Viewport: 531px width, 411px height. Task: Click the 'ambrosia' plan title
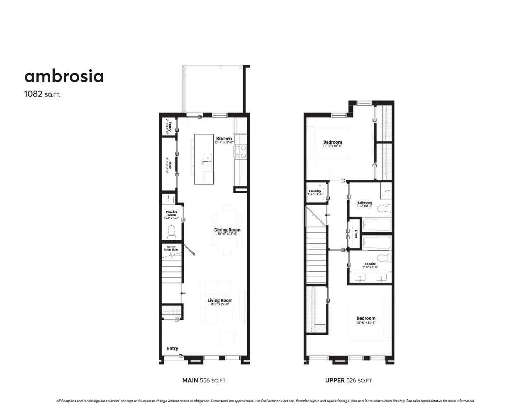point(64,76)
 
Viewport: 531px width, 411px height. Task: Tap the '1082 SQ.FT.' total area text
point(43,94)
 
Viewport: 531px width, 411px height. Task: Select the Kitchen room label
point(224,139)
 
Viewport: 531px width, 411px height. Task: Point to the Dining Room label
point(227,230)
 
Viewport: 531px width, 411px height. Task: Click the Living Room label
point(220,300)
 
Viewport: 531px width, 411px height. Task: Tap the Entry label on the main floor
point(173,348)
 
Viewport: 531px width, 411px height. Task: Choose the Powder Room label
point(171,213)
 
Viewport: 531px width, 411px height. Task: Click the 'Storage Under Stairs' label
point(170,248)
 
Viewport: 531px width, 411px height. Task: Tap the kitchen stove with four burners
point(241,151)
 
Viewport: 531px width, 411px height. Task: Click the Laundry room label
point(315,191)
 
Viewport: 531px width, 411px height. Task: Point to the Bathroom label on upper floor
point(365,203)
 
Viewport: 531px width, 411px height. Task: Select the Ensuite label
point(370,264)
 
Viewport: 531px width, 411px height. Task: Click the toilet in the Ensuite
point(385,257)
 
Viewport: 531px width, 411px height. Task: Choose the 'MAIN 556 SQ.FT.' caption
point(205,380)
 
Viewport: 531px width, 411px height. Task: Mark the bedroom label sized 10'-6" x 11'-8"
point(365,318)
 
